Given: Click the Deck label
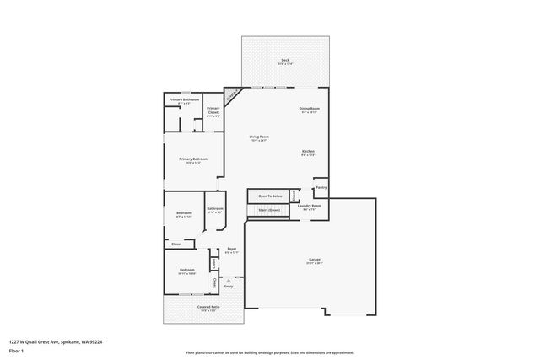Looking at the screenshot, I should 285,61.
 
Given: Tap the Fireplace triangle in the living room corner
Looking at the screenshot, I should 230,94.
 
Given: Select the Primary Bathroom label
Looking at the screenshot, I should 184,100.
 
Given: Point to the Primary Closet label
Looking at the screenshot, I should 213,110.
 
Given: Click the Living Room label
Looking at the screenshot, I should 258,137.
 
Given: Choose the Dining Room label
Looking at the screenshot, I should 309,109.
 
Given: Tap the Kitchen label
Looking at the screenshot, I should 309,152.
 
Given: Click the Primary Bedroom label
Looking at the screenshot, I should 192,159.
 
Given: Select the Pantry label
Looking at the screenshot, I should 321,188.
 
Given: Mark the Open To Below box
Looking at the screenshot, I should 269,196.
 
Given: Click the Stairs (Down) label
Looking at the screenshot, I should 269,211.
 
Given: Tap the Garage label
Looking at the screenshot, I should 314,260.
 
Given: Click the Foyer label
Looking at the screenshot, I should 231,250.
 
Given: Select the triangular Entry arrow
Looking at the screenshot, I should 229,280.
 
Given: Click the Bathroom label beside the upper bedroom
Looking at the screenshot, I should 215,209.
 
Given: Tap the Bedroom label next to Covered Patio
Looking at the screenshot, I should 186,271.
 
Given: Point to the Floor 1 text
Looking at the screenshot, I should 16,350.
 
